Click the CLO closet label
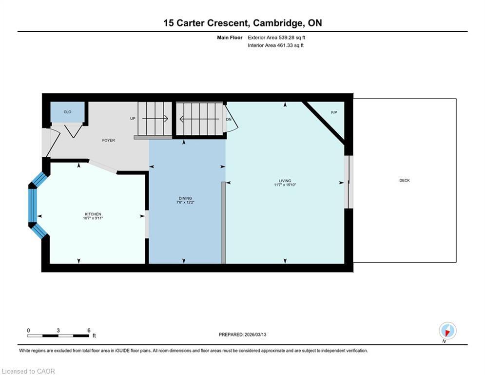coord(67,112)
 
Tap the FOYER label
coord(108,140)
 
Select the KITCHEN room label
coord(93,214)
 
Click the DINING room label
coord(185,198)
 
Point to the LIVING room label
coord(285,181)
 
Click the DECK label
coord(404,181)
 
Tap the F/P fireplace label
coord(334,112)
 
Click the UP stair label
coord(132,119)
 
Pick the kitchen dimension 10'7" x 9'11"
coord(93,218)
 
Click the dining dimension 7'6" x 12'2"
coord(185,202)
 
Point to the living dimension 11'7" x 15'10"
coord(285,185)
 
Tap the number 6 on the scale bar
coord(89,330)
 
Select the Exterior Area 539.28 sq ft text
coord(276,37)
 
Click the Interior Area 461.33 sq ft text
coord(275,45)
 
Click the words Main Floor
coord(230,37)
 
